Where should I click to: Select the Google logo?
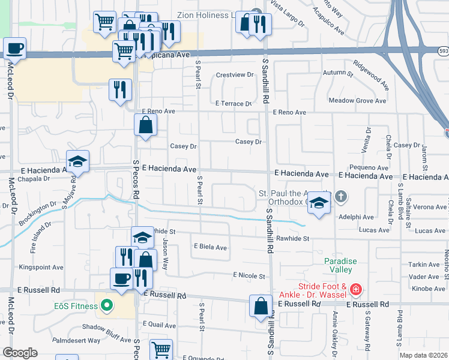(x=20, y=353)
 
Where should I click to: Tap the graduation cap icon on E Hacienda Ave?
(x=77, y=161)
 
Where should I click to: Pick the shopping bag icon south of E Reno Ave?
(x=146, y=125)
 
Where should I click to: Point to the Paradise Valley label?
(x=340, y=265)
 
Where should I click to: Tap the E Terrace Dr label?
(x=234, y=104)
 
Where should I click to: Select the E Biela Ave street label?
(x=210, y=247)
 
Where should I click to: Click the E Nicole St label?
(x=249, y=276)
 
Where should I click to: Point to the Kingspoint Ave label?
(x=41, y=267)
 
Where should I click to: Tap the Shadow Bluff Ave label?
(x=106, y=326)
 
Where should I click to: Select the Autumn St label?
(x=339, y=73)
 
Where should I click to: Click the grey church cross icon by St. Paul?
(x=341, y=196)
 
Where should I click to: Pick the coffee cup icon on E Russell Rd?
(x=121, y=279)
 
